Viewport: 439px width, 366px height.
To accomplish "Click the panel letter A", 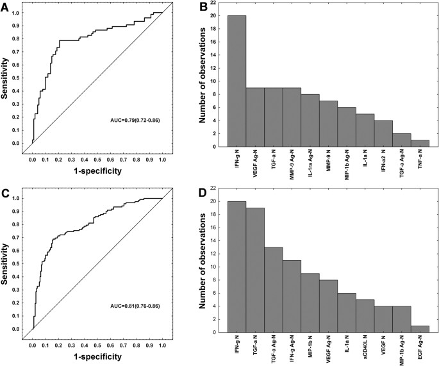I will point(6,7).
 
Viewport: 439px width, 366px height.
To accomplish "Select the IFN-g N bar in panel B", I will point(236,81).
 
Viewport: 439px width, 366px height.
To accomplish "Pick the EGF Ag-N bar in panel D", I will point(420,329).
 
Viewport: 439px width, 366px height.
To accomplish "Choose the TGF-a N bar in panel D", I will point(255,270).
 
